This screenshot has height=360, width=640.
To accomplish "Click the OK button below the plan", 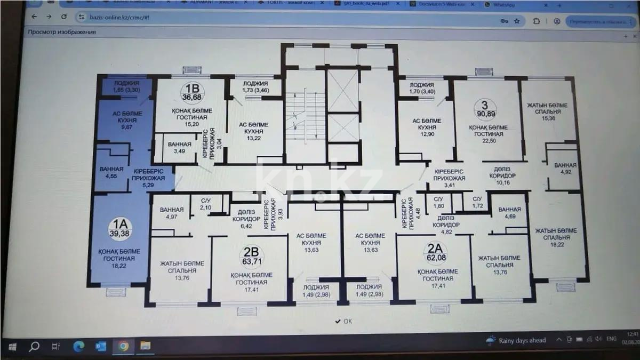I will [343, 321].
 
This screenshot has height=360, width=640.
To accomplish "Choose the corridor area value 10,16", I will [504, 182].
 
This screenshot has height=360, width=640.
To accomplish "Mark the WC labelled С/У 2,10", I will [206, 203].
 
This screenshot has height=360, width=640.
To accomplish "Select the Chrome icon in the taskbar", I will [123, 346].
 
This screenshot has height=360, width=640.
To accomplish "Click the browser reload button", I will [64, 17].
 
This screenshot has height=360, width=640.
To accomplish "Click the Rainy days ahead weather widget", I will [516, 340].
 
